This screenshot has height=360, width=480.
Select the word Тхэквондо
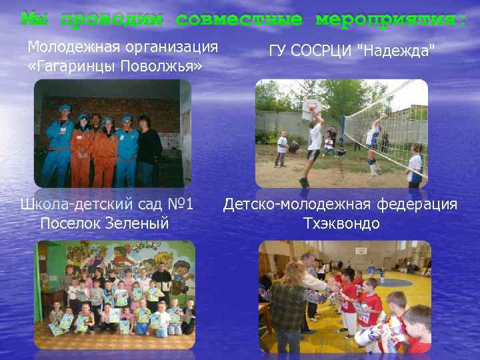(341, 223)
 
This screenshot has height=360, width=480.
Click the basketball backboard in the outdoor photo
(310, 105)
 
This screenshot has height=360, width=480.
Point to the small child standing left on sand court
(282, 148)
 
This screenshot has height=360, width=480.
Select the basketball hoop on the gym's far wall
(360, 251)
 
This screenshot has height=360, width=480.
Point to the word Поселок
(69, 223)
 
